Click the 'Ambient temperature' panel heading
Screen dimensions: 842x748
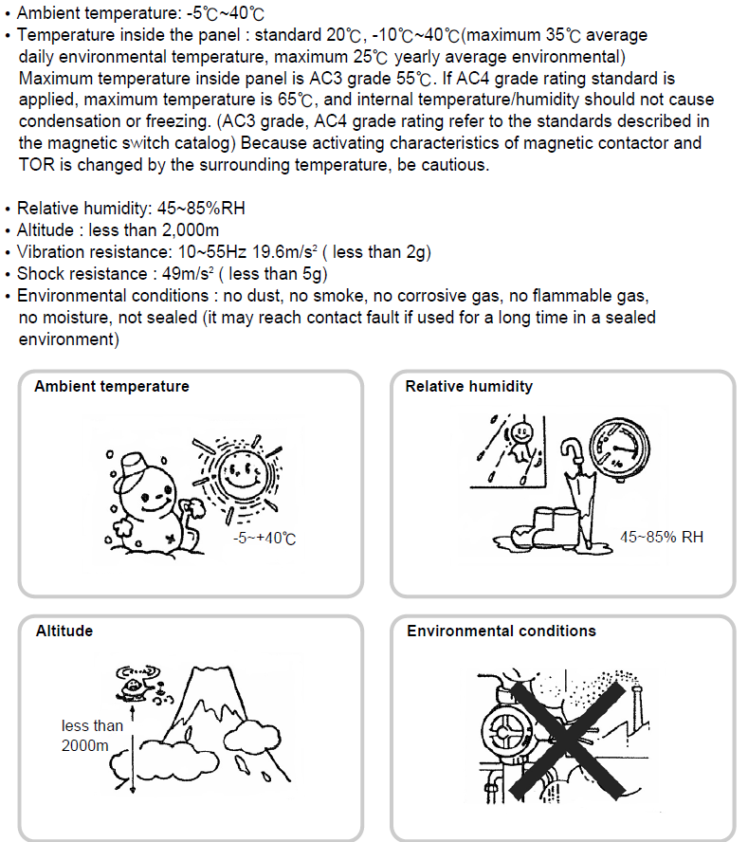[x=112, y=387]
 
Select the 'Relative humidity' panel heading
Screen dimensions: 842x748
[x=468, y=387]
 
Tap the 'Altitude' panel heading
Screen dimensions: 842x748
[x=64, y=631]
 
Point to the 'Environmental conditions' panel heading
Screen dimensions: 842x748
[x=502, y=631]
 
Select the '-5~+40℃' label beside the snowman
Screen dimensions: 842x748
[x=265, y=539]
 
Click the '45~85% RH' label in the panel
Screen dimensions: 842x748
[x=662, y=537]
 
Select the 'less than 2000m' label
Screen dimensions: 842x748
[x=92, y=736]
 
